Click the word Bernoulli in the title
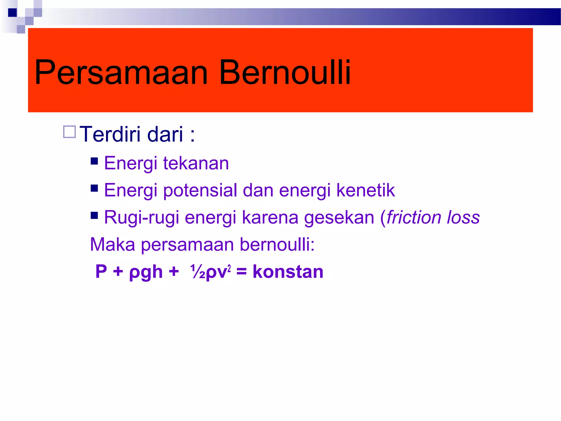click(x=285, y=73)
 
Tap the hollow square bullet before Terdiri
click(x=69, y=132)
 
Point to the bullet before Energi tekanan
click(x=94, y=161)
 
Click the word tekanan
click(x=196, y=163)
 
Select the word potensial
click(x=200, y=190)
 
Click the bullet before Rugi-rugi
click(x=94, y=215)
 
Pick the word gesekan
click(x=339, y=218)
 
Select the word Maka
click(x=113, y=244)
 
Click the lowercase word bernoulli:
click(x=277, y=244)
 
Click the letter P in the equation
click(x=101, y=272)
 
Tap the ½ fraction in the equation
click(x=197, y=272)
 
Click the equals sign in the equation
click(x=241, y=272)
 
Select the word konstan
click(x=288, y=272)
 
